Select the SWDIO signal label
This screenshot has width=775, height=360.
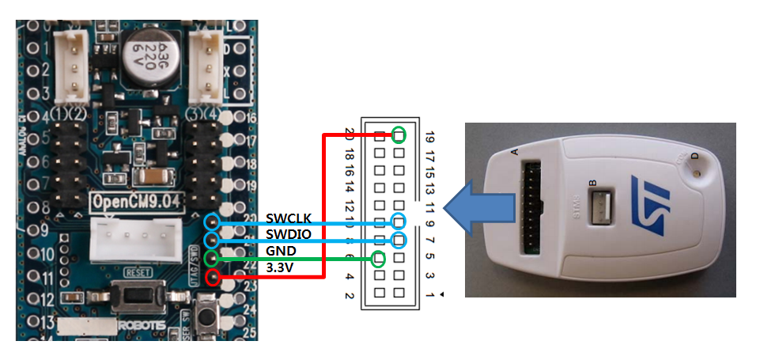tap(289, 234)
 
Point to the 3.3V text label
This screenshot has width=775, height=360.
tap(280, 267)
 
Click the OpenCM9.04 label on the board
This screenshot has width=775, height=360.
tap(136, 200)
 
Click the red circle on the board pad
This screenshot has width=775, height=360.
tap(213, 277)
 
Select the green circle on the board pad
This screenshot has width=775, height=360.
tap(213, 258)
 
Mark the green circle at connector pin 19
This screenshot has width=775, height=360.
tap(399, 135)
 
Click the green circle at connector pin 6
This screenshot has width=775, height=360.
tap(380, 258)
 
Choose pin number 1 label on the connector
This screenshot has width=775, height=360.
tap(429, 294)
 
